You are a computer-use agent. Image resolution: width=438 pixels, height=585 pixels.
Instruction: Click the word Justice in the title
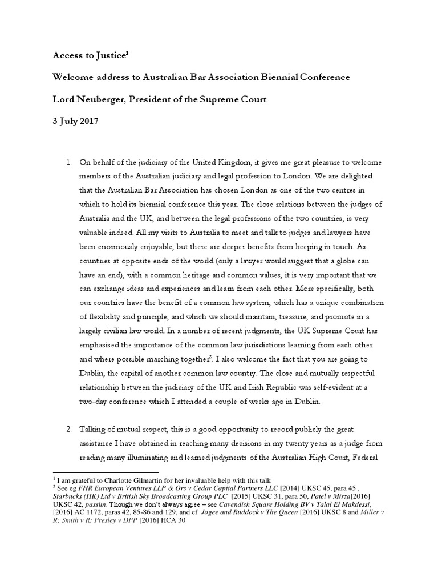(x=110, y=55)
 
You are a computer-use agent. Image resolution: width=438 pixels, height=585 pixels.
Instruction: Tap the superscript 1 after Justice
(x=128, y=53)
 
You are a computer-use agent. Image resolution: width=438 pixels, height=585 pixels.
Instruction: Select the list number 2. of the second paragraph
(x=69, y=427)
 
